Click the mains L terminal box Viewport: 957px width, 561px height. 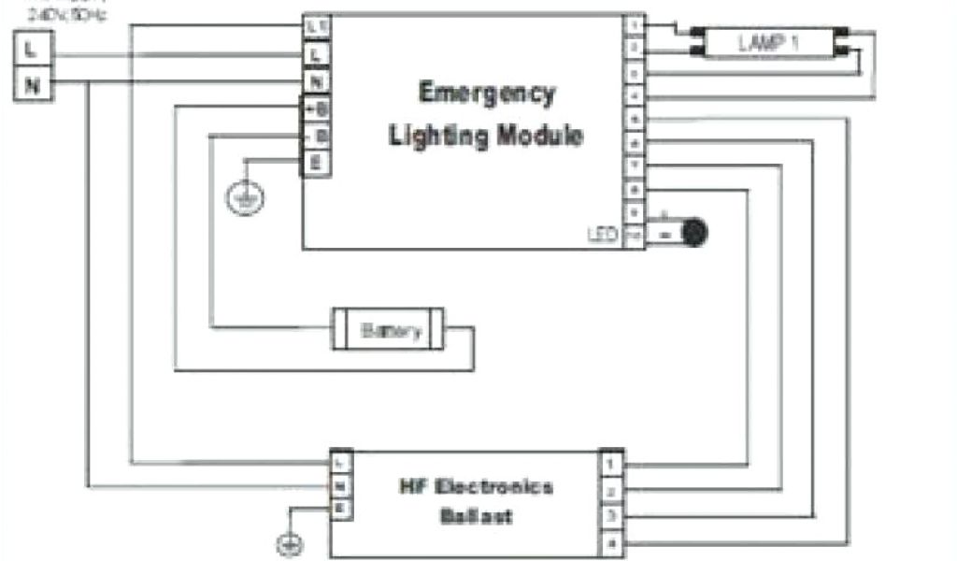tap(32, 50)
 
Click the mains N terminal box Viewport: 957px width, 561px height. tap(32, 86)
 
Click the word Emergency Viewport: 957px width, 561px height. tap(486, 93)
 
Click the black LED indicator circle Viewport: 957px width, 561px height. tap(694, 232)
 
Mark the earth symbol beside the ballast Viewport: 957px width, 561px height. tap(291, 543)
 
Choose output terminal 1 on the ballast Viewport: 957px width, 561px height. tap(610, 463)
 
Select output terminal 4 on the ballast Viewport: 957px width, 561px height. tap(610, 543)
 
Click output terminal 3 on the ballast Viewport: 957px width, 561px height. tap(610, 516)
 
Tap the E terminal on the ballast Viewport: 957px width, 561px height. tap(341, 509)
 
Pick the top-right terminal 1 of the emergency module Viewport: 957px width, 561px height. tap(635, 26)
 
